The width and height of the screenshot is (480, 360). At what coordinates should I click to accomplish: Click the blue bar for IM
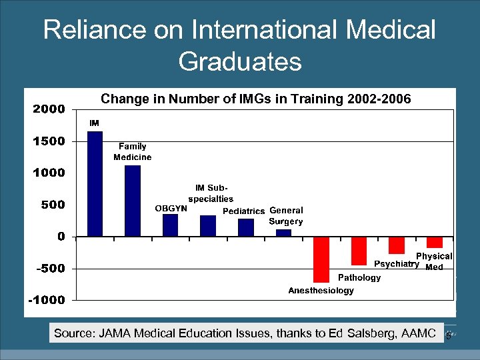(x=95, y=183)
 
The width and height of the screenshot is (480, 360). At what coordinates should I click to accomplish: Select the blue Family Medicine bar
(x=133, y=201)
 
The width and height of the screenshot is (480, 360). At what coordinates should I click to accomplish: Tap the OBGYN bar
(x=171, y=225)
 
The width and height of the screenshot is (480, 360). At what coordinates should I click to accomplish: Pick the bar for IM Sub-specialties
(x=208, y=226)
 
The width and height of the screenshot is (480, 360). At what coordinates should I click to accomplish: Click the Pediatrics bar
(x=246, y=227)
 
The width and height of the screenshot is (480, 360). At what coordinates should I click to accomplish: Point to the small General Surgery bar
(x=283, y=233)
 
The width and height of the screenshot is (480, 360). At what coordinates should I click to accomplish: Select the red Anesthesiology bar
(x=321, y=259)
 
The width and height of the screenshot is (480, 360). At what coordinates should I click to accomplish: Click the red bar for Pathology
(x=359, y=251)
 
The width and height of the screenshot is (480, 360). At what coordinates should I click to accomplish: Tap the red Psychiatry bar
(x=397, y=245)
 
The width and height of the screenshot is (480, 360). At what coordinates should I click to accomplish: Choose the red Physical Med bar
(x=435, y=242)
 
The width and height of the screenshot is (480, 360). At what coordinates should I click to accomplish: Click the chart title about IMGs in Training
(x=256, y=99)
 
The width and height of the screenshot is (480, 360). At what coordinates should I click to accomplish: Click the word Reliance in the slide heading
(x=87, y=30)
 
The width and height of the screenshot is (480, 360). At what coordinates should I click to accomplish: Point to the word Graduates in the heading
(x=240, y=62)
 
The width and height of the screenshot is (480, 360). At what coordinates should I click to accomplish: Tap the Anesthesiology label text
(x=321, y=291)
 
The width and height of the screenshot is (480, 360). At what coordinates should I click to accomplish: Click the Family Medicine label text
(x=132, y=152)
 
